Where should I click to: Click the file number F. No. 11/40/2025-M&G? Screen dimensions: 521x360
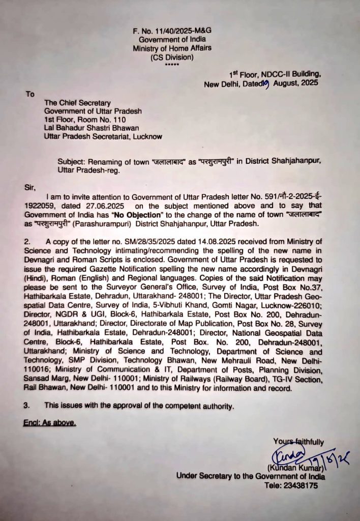coord(172,31)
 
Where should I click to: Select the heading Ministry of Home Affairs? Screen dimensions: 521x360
coord(172,48)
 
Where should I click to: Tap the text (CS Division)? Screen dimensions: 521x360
coord(172,57)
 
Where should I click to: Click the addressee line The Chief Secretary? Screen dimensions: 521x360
coord(77,103)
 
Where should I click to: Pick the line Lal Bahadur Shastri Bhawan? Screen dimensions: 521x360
coord(91,128)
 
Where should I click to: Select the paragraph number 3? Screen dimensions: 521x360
coord(26,406)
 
